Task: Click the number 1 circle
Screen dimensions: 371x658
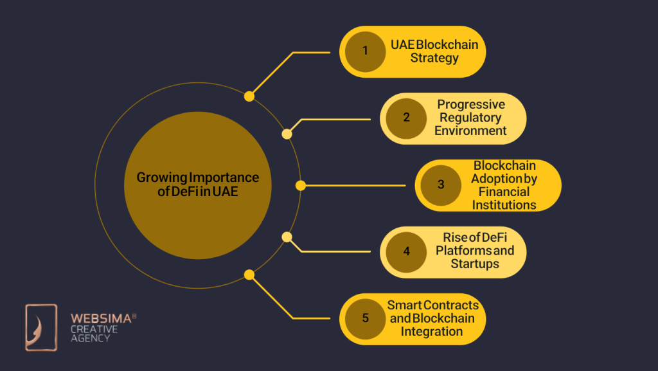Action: [365, 51]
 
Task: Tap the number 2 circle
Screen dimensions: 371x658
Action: [406, 118]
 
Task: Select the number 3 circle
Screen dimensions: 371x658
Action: [441, 185]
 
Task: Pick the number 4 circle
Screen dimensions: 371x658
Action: [406, 251]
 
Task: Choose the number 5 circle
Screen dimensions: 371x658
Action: [365, 318]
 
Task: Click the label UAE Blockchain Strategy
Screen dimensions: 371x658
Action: [434, 51]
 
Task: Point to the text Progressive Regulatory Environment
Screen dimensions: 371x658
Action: [470, 118]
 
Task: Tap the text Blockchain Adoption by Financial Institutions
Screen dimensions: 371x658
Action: [504, 185]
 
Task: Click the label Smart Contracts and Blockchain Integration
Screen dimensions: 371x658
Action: [432, 318]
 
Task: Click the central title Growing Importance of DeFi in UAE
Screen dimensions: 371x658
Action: [198, 185]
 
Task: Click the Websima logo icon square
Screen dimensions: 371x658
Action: [41, 327]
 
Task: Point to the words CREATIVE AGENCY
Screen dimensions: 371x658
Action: [94, 334]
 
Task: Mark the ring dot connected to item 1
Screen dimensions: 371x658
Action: [249, 96]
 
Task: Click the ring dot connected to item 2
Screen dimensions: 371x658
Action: [287, 134]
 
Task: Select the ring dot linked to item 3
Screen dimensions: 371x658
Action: [300, 185]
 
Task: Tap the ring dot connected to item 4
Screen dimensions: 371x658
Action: [287, 237]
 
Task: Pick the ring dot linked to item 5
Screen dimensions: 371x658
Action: [249, 275]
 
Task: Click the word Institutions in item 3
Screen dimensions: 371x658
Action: [504, 205]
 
